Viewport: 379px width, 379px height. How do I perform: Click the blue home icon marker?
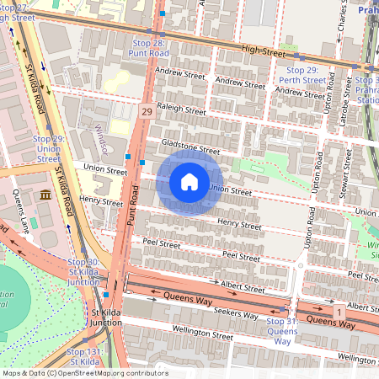point(189,181)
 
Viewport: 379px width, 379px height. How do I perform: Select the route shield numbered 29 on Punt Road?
point(147,111)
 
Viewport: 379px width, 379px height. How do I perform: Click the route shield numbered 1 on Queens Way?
point(339,312)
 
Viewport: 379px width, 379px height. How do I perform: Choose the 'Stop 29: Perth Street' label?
point(302,75)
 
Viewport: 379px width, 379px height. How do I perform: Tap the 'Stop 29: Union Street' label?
point(48,147)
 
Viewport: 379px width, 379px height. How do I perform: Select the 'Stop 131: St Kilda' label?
point(84,355)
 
